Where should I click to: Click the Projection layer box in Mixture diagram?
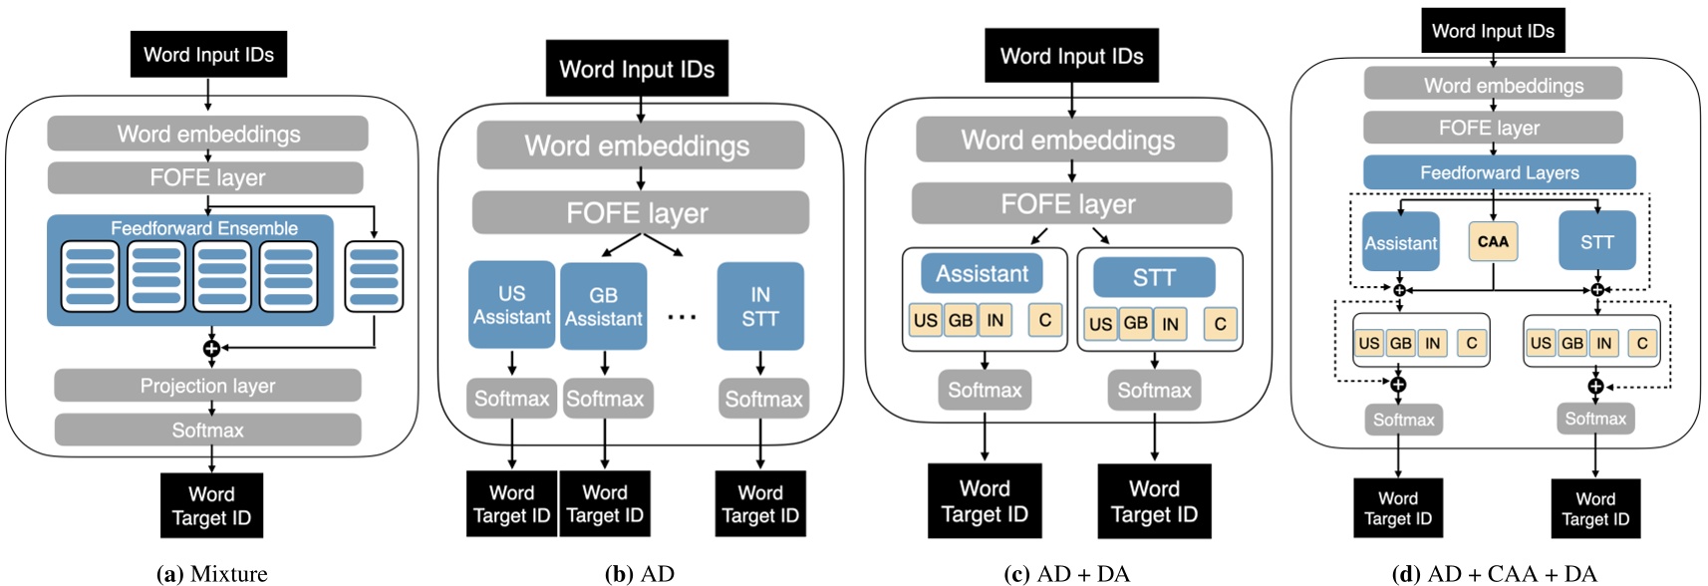pyautogui.click(x=207, y=386)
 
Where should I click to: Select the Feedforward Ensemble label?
pyautogui.click(x=203, y=228)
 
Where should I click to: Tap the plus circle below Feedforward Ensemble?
pyautogui.click(x=211, y=348)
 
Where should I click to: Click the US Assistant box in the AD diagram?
pyautogui.click(x=511, y=305)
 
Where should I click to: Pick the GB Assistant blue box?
pyautogui.click(x=603, y=306)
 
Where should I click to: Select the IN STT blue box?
pyautogui.click(x=760, y=306)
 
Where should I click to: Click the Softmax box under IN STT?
pyautogui.click(x=763, y=399)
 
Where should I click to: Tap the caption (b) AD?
pyautogui.click(x=639, y=573)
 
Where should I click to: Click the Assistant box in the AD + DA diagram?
pyautogui.click(x=982, y=273)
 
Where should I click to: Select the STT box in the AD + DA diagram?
pyautogui.click(x=1154, y=277)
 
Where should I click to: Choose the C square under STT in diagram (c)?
pyautogui.click(x=1220, y=324)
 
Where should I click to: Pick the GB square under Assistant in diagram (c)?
pyautogui.click(x=961, y=320)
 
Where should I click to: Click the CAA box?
pyautogui.click(x=1493, y=241)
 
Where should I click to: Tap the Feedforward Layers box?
pyautogui.click(x=1499, y=172)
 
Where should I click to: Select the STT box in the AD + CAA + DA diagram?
pyautogui.click(x=1596, y=241)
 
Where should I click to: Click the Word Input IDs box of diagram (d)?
pyautogui.click(x=1493, y=31)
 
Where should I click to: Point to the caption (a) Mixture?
pyautogui.click(x=212, y=573)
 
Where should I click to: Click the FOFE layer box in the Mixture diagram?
pyautogui.click(x=206, y=178)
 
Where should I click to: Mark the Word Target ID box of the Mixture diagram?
pyautogui.click(x=211, y=505)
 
